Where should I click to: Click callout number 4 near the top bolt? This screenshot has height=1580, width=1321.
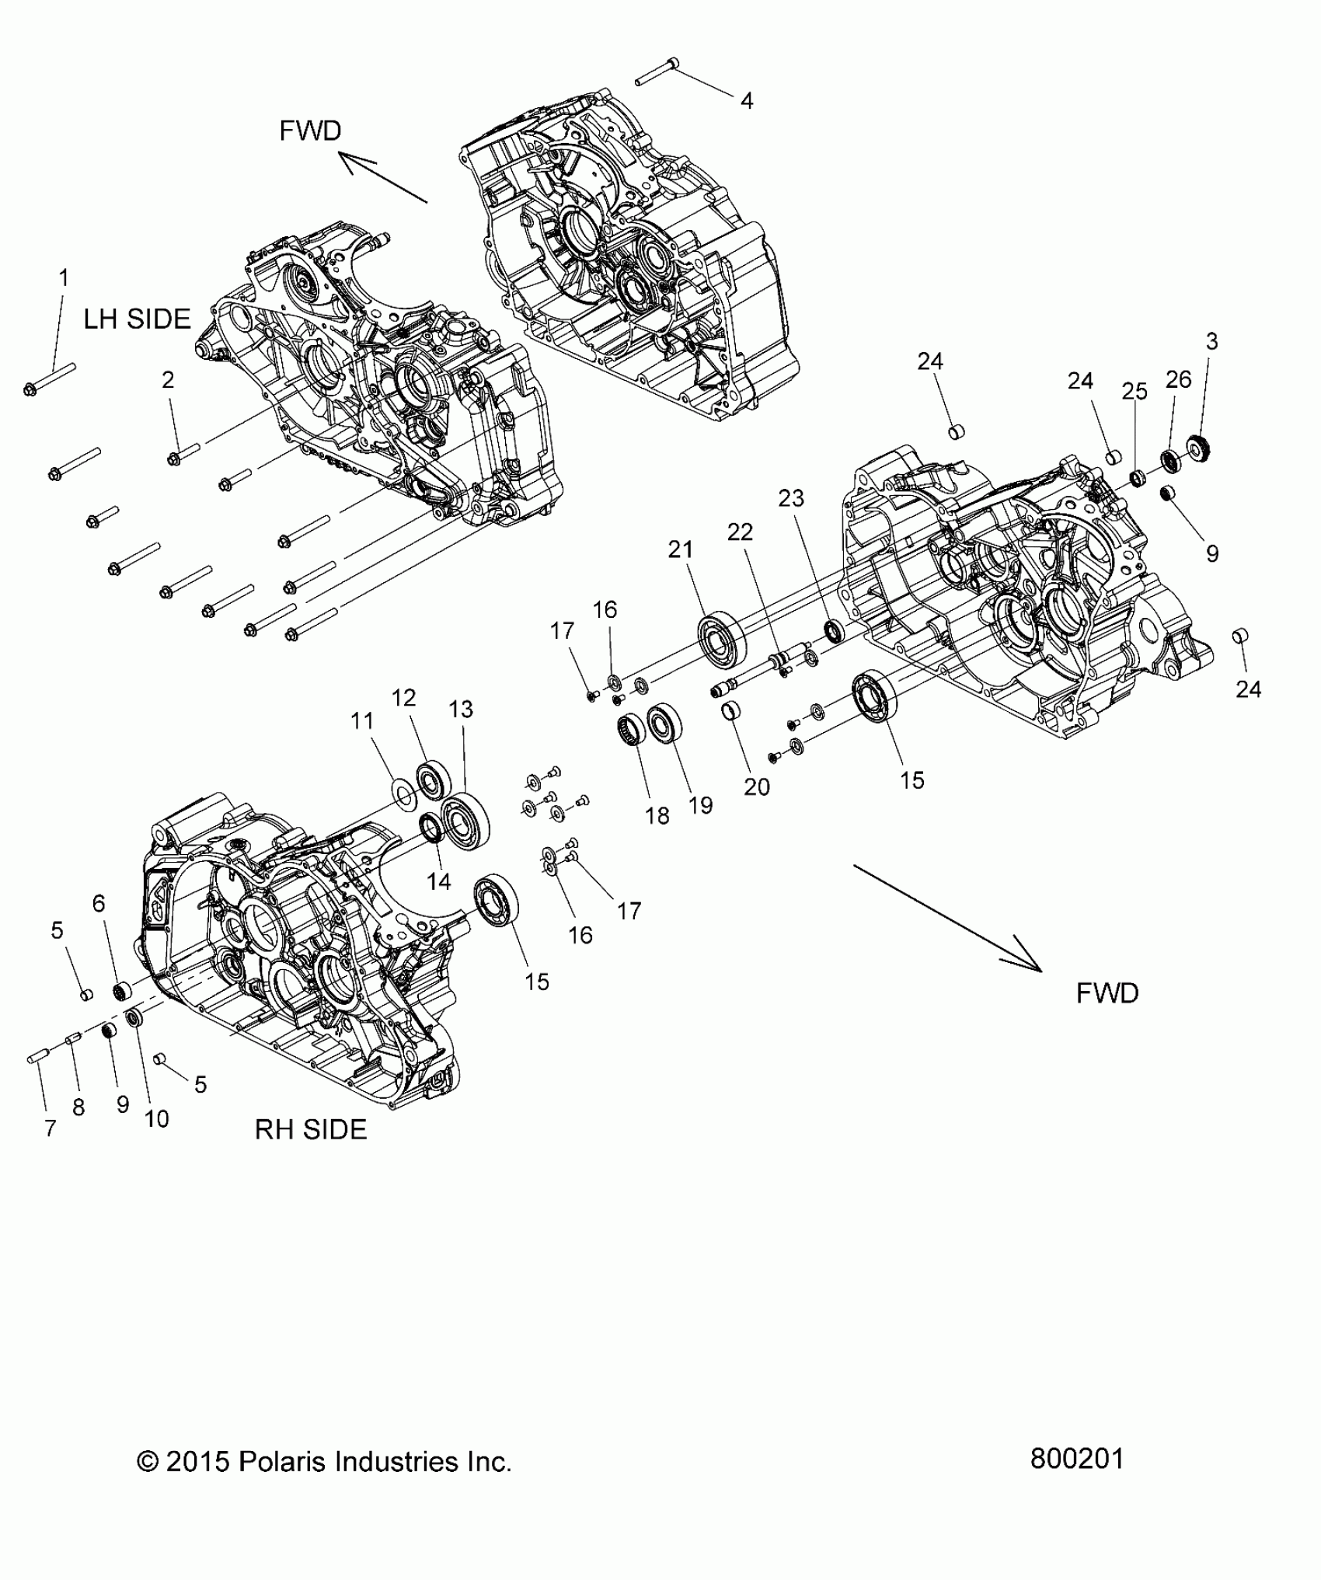point(746,101)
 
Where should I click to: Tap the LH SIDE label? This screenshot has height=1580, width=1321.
point(137,319)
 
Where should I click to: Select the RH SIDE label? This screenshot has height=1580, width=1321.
point(311,1129)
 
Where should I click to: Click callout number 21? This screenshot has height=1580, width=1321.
point(681,550)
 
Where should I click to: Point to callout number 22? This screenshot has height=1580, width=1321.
point(740,532)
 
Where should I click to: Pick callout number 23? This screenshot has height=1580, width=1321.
point(791,497)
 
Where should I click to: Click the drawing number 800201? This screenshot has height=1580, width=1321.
point(1077,1459)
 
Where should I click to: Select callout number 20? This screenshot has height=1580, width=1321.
point(756,787)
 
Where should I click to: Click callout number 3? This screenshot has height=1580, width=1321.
point(1211,341)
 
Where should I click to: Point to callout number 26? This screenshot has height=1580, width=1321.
point(1178,379)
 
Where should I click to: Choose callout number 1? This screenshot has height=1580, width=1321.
point(64,277)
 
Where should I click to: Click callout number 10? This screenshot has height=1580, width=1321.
point(156,1119)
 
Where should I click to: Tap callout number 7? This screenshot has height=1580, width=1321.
point(51,1128)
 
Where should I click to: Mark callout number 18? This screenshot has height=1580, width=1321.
point(657,815)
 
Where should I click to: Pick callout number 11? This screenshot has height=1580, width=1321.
point(362,721)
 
